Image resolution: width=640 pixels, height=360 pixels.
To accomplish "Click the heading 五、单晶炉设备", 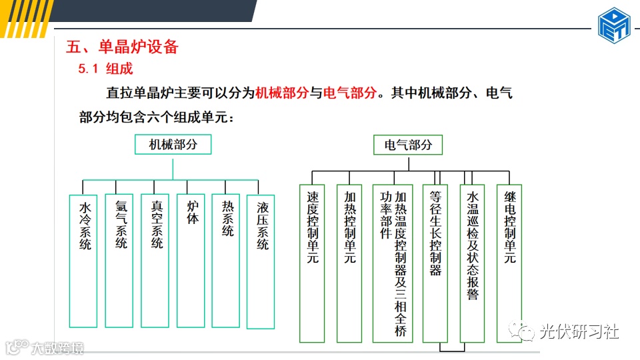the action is (x=123, y=47).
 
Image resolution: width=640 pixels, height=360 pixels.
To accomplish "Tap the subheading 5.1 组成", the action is (x=106, y=68).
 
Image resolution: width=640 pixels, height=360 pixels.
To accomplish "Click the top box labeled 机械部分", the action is (x=173, y=145).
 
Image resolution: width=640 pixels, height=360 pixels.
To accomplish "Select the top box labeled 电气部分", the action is (x=408, y=145).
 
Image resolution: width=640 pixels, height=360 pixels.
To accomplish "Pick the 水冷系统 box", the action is (x=84, y=260).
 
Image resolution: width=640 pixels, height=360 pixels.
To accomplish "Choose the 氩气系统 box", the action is (x=120, y=260).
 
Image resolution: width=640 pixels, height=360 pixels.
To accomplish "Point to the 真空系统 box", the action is (x=156, y=260).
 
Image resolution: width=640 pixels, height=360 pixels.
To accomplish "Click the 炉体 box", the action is (x=191, y=260).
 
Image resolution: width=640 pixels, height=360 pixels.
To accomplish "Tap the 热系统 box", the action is (x=227, y=260).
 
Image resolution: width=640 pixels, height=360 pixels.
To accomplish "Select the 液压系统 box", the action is (x=261, y=261).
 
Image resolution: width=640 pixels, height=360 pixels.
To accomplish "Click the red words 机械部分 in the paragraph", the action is (x=282, y=93).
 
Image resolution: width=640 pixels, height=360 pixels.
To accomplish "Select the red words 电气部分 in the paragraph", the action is (x=350, y=93).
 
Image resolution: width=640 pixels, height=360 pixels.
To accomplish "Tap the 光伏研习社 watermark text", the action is (x=579, y=331).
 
